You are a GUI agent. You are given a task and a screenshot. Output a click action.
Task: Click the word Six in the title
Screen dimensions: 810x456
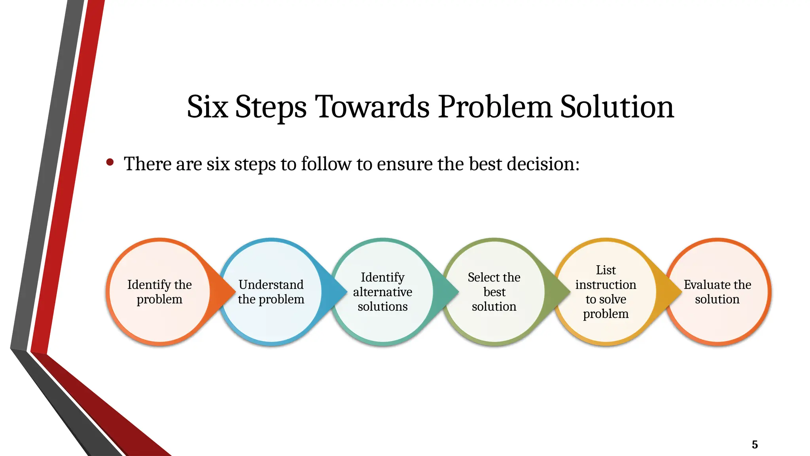[207, 107]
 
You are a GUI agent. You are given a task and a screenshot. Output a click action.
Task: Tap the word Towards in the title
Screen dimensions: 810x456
[372, 107]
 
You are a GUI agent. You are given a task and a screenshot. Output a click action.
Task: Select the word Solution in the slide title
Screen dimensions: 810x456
[617, 107]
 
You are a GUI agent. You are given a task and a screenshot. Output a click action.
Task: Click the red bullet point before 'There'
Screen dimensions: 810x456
[110, 162]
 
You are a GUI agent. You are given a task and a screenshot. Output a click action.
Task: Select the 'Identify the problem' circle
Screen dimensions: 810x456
[159, 292]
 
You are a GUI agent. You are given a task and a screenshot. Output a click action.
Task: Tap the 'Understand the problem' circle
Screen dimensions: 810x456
[271, 292]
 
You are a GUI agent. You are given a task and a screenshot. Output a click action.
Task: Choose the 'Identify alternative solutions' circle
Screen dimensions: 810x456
[382, 292]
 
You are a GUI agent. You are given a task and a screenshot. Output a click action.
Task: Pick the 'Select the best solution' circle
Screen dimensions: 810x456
[494, 292]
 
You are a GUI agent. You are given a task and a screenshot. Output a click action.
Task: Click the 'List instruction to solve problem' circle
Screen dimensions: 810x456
[606, 292]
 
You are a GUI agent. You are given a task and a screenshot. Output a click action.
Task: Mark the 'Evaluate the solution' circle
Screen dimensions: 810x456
[717, 292]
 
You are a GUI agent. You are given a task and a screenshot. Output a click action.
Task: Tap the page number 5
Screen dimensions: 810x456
[755, 445]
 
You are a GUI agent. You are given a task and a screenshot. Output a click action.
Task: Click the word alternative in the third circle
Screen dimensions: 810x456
[382, 292]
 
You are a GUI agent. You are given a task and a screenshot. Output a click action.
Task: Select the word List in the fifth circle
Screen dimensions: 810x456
[606, 270]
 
